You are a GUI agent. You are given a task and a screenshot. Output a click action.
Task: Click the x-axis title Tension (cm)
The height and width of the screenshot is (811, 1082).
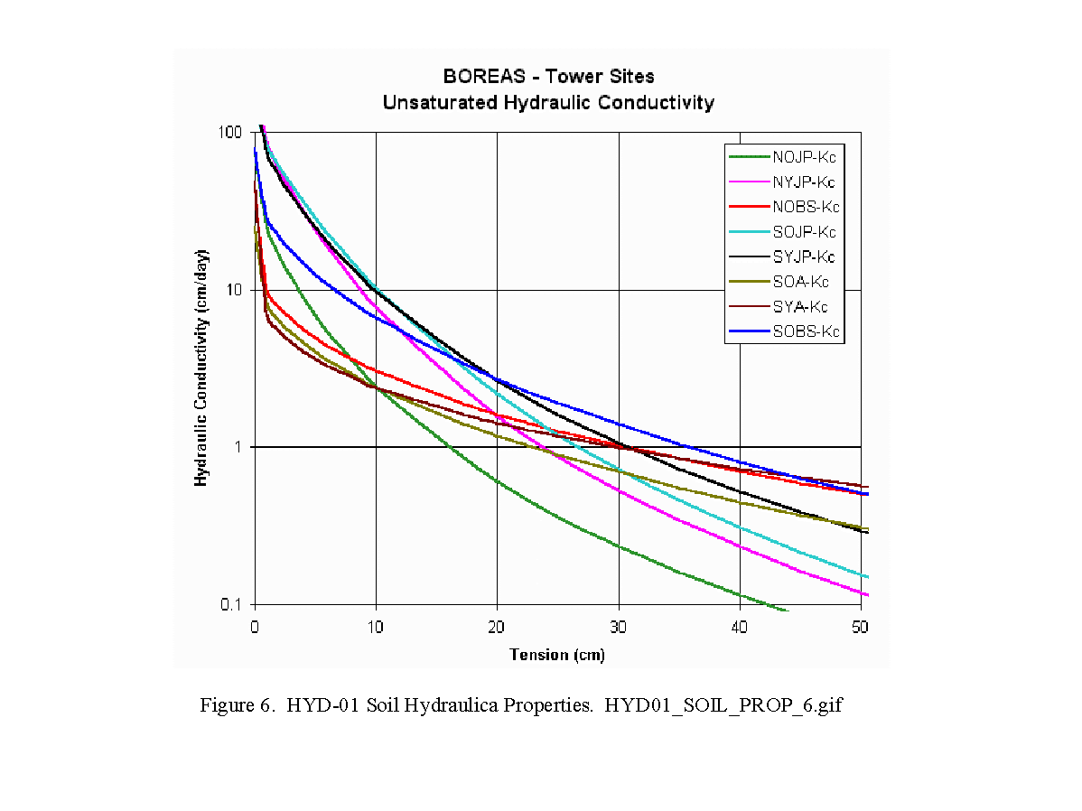[557, 654]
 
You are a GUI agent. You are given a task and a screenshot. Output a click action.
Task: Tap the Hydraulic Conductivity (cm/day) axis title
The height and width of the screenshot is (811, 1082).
[201, 368]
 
